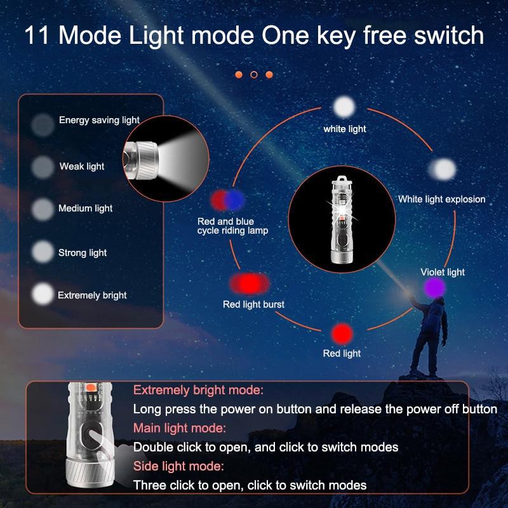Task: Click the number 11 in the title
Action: click(37, 35)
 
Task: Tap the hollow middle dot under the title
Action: click(254, 75)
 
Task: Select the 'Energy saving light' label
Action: click(99, 120)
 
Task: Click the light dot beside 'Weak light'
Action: click(43, 167)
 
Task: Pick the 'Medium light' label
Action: click(86, 208)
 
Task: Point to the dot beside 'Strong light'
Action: click(43, 251)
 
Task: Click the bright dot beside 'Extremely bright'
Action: click(43, 294)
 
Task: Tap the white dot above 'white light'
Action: click(344, 107)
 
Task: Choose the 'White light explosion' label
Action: click(442, 199)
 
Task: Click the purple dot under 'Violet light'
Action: click(435, 288)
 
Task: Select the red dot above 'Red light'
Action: click(342, 334)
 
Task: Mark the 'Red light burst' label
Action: click(253, 305)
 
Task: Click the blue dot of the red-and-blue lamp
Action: click(234, 200)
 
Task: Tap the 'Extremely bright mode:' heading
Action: click(198, 390)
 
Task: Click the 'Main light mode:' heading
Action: click(180, 428)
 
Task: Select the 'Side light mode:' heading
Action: click(178, 466)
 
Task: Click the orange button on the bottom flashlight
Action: click(91, 387)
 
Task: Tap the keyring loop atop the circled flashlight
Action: click(342, 180)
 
